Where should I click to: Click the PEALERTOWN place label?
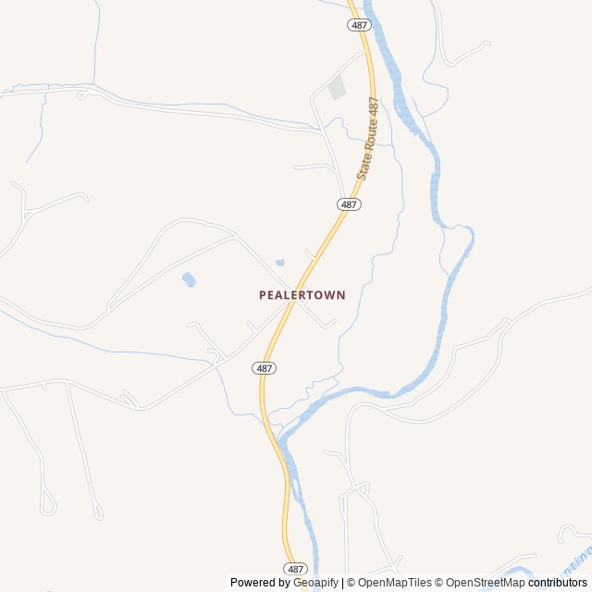[x=302, y=295]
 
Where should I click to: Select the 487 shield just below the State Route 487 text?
[x=349, y=203]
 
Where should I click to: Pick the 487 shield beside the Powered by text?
[x=295, y=568]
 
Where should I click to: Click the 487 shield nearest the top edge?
[x=360, y=26]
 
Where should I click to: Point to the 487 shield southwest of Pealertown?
[x=264, y=367]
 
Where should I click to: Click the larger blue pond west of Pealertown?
[x=189, y=279]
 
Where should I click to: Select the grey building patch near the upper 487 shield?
[x=337, y=89]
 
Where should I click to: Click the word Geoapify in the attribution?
[x=316, y=583]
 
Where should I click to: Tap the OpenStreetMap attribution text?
[x=486, y=583]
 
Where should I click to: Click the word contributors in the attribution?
[x=558, y=583]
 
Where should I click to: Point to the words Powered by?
[x=260, y=583]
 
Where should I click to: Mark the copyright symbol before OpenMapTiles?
[x=350, y=583]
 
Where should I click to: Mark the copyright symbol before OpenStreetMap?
[x=440, y=583]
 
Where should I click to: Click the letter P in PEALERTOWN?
[x=263, y=295]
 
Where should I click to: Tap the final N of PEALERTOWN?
[x=341, y=295]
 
